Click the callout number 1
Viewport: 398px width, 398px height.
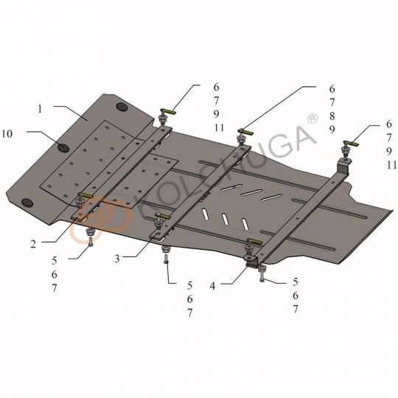coord(40,109)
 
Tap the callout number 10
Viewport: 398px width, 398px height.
coord(7,133)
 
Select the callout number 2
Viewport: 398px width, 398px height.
coord(33,244)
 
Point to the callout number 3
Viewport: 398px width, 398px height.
coord(116,259)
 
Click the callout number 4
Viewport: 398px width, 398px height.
coord(213,286)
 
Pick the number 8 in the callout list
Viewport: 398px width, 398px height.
coord(332,116)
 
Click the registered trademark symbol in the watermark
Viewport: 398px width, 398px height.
coord(313,119)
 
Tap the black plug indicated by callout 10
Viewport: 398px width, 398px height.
coord(63,147)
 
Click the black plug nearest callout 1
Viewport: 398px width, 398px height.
coord(122,107)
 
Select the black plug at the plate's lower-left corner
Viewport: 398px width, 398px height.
coord(27,203)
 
